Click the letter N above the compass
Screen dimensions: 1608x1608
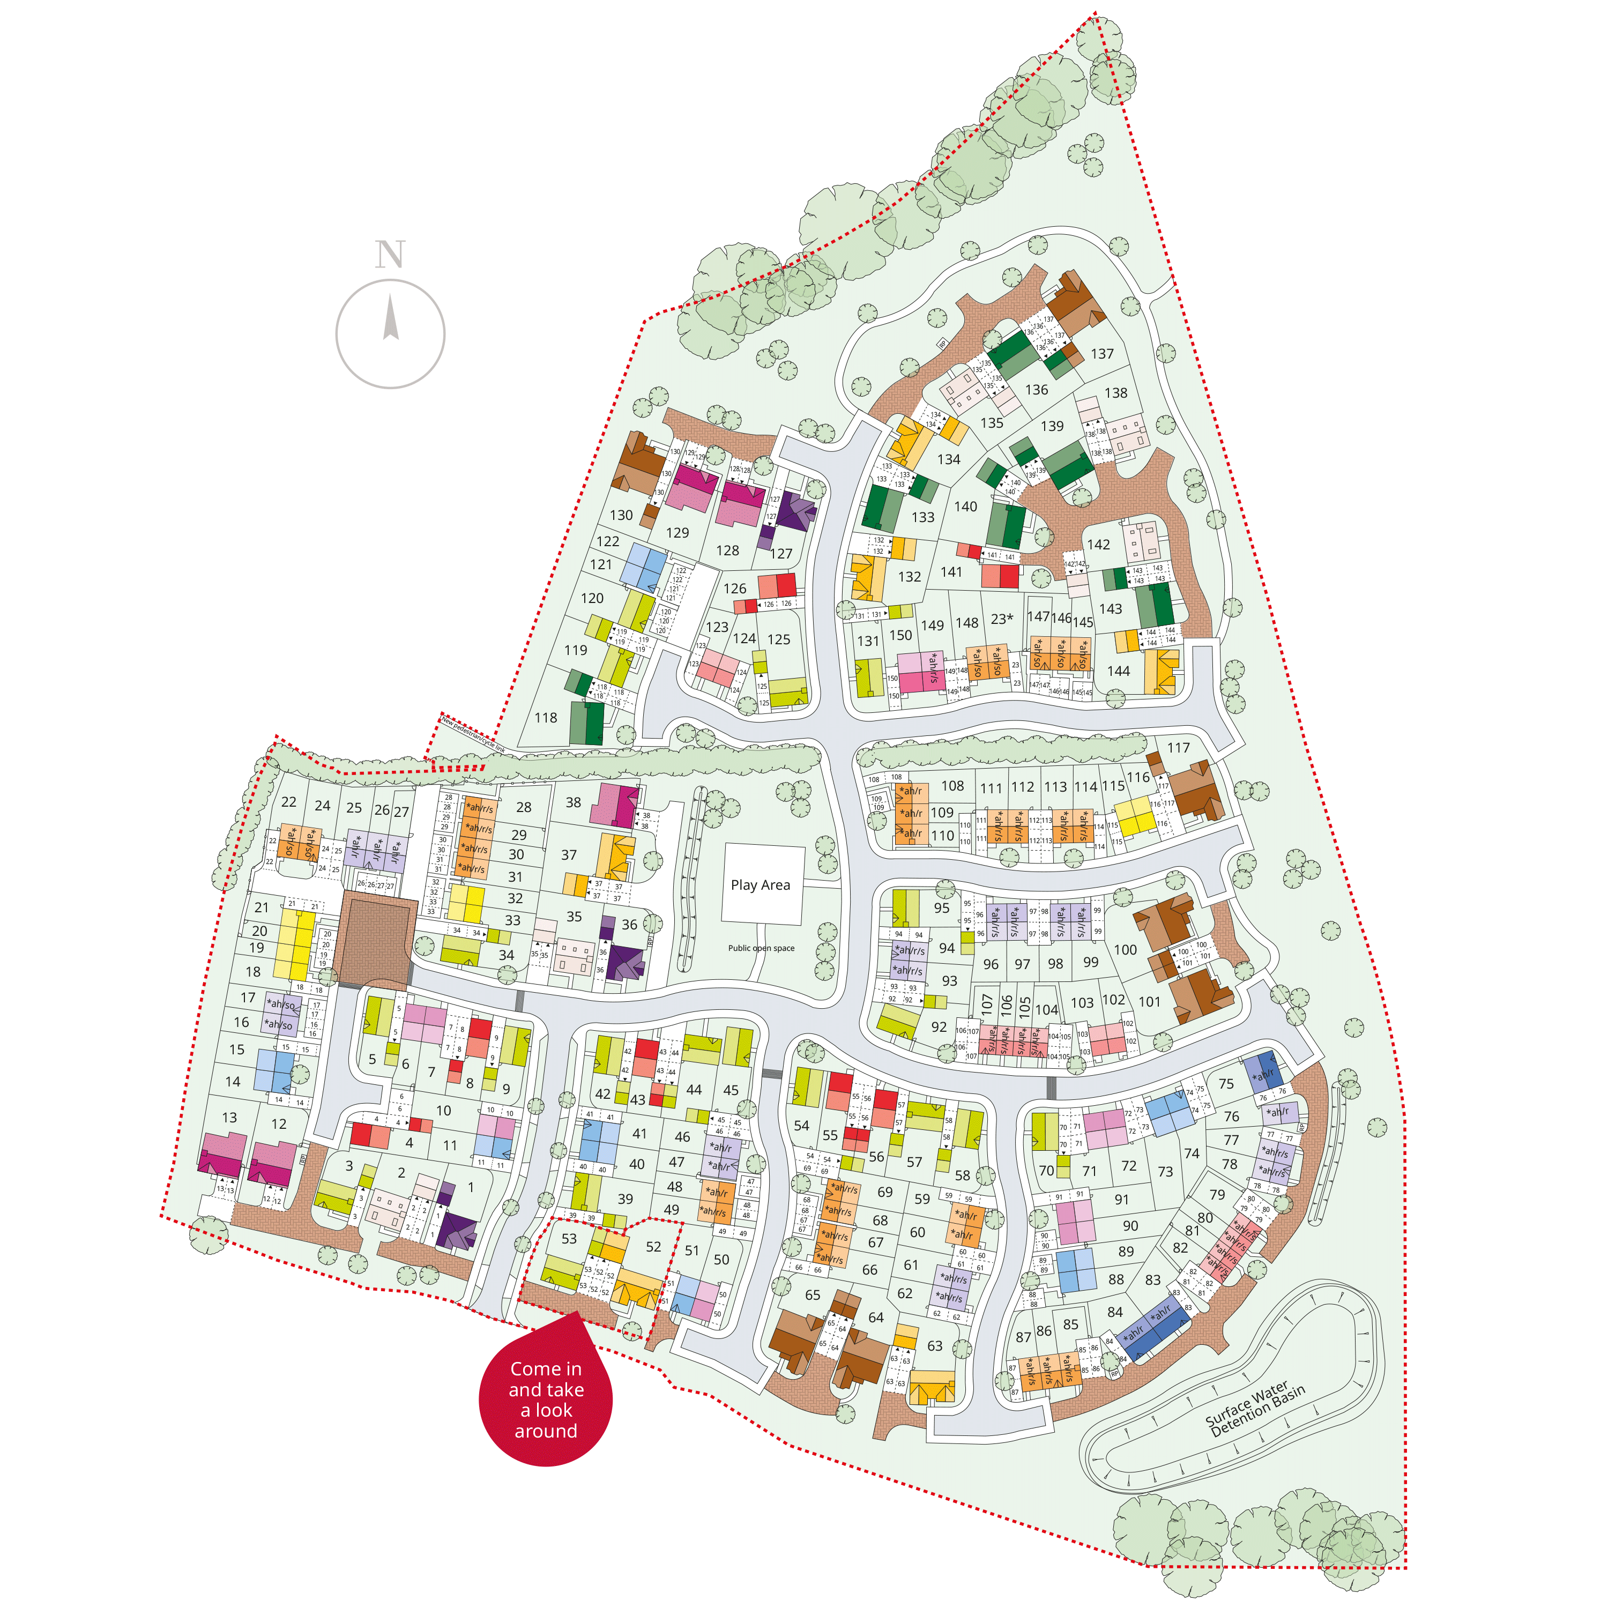click(390, 254)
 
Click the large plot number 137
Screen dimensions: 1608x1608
click(1102, 354)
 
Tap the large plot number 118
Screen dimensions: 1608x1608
click(546, 718)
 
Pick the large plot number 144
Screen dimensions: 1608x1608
click(1119, 671)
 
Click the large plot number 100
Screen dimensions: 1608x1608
click(1125, 950)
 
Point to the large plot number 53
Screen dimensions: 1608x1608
click(569, 1239)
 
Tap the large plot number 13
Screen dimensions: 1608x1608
click(230, 1118)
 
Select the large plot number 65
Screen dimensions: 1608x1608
click(813, 1295)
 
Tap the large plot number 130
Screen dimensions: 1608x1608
click(621, 515)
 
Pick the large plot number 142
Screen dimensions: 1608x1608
click(1099, 545)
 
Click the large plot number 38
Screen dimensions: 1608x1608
click(574, 802)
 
